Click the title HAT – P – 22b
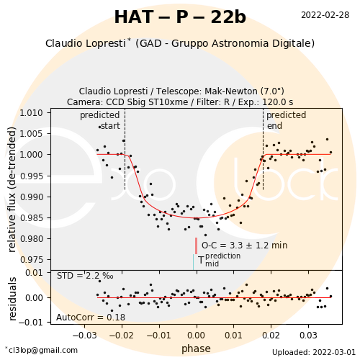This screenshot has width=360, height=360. [x=180, y=17]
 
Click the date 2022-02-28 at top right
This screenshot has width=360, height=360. [x=325, y=15]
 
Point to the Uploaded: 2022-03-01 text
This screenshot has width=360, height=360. [x=314, y=352]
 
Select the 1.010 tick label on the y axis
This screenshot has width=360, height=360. [x=32, y=112]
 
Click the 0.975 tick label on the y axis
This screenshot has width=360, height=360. [x=32, y=260]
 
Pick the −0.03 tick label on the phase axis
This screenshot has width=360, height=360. [x=84, y=335]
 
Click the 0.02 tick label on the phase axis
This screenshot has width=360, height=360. [x=271, y=335]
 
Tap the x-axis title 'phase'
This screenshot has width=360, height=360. [x=196, y=348]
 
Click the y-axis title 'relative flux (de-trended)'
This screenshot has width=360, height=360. [x=12, y=189]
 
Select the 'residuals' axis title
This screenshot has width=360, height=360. [x=12, y=299]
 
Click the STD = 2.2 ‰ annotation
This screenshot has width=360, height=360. [x=85, y=276]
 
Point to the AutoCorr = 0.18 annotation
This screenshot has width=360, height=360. [x=91, y=318]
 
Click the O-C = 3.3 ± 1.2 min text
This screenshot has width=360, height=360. [x=244, y=246]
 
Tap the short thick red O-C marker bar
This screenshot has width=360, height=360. [x=197, y=246]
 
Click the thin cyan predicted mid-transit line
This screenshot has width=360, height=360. [x=193, y=262]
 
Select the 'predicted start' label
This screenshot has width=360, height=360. [x=100, y=120]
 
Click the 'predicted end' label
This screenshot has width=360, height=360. [x=287, y=120]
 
